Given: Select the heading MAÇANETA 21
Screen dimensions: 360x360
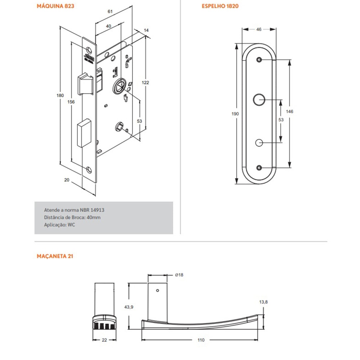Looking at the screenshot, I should click(x=55, y=256).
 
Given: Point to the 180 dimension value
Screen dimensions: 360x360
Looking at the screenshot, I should click(x=60, y=95).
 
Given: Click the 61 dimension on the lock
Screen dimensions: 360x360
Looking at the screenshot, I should click(x=110, y=12).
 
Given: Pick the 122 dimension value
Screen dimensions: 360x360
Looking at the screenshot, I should click(x=145, y=82).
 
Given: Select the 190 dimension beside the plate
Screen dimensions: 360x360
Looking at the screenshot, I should click(x=235, y=114).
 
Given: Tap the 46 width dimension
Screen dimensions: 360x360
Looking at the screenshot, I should click(x=258, y=30).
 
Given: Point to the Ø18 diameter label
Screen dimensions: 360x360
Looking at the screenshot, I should click(x=179, y=275).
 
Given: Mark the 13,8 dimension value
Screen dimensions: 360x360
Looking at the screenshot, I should click(x=263, y=302).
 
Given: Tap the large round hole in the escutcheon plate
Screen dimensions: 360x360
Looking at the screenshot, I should click(x=258, y=99).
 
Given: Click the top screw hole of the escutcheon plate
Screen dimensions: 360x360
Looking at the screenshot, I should click(x=258, y=60).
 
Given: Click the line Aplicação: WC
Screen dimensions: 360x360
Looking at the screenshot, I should click(x=59, y=224).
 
